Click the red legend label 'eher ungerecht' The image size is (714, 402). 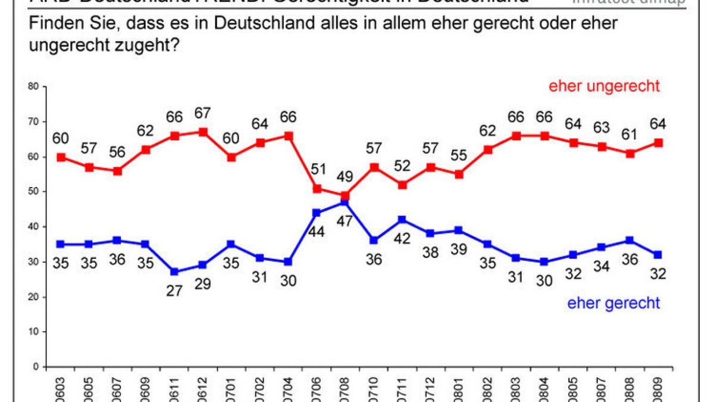tap(604, 86)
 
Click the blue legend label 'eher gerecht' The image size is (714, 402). tap(613, 303)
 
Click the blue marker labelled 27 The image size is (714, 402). tap(174, 272)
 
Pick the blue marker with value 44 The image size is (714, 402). tap(317, 213)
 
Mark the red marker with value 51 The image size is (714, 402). tap(317, 189)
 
